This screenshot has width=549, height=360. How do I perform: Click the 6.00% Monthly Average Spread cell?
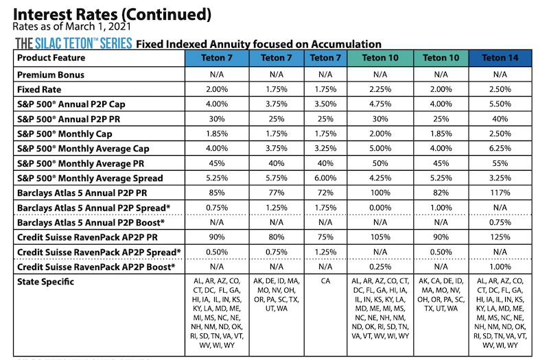click(326, 178)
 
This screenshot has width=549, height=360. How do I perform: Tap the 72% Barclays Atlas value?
click(326, 193)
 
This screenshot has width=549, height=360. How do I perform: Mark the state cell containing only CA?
click(326, 281)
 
